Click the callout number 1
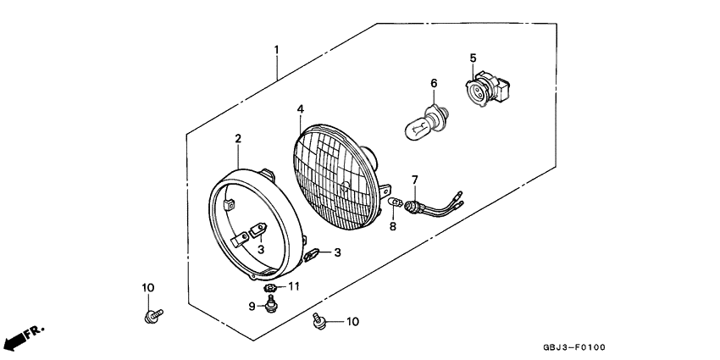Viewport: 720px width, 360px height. (276, 49)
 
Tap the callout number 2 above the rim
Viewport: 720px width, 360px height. (238, 138)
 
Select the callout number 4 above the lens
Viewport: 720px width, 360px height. (301, 109)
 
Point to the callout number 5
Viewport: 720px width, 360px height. (473, 58)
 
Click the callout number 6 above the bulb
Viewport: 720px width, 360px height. (434, 84)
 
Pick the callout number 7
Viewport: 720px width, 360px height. (415, 179)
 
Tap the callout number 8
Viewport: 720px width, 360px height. (392, 226)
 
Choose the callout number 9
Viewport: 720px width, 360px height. (252, 307)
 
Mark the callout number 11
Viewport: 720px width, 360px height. (294, 286)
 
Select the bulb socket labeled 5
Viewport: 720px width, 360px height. (487, 88)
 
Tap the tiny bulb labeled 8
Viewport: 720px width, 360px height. (396, 202)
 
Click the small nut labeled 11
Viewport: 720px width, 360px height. (269, 288)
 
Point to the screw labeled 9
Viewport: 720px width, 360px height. (271, 303)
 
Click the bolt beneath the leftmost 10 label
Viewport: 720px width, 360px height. (153, 316)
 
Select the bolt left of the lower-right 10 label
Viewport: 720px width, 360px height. (318, 320)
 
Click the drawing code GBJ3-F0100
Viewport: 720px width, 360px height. (574, 347)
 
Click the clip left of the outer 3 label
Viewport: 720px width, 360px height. (311, 255)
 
